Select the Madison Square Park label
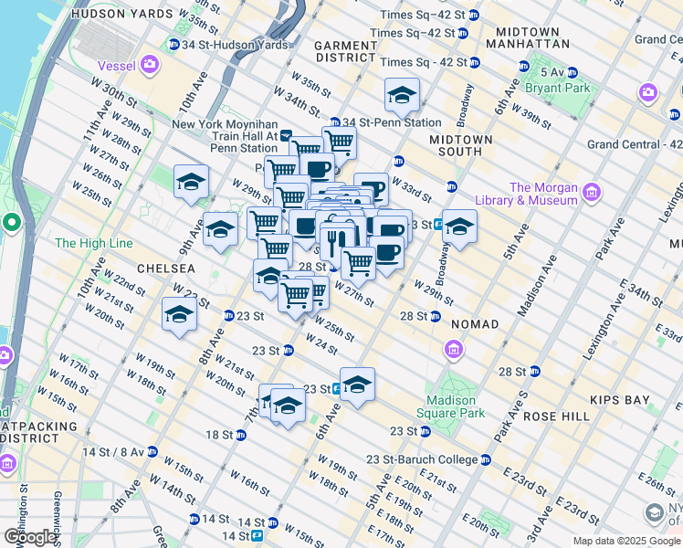click(451, 406)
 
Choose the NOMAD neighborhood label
click(474, 324)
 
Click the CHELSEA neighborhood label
click(165, 269)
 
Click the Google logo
click(30, 537)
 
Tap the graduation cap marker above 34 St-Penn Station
click(402, 94)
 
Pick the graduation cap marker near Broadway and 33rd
click(460, 226)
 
